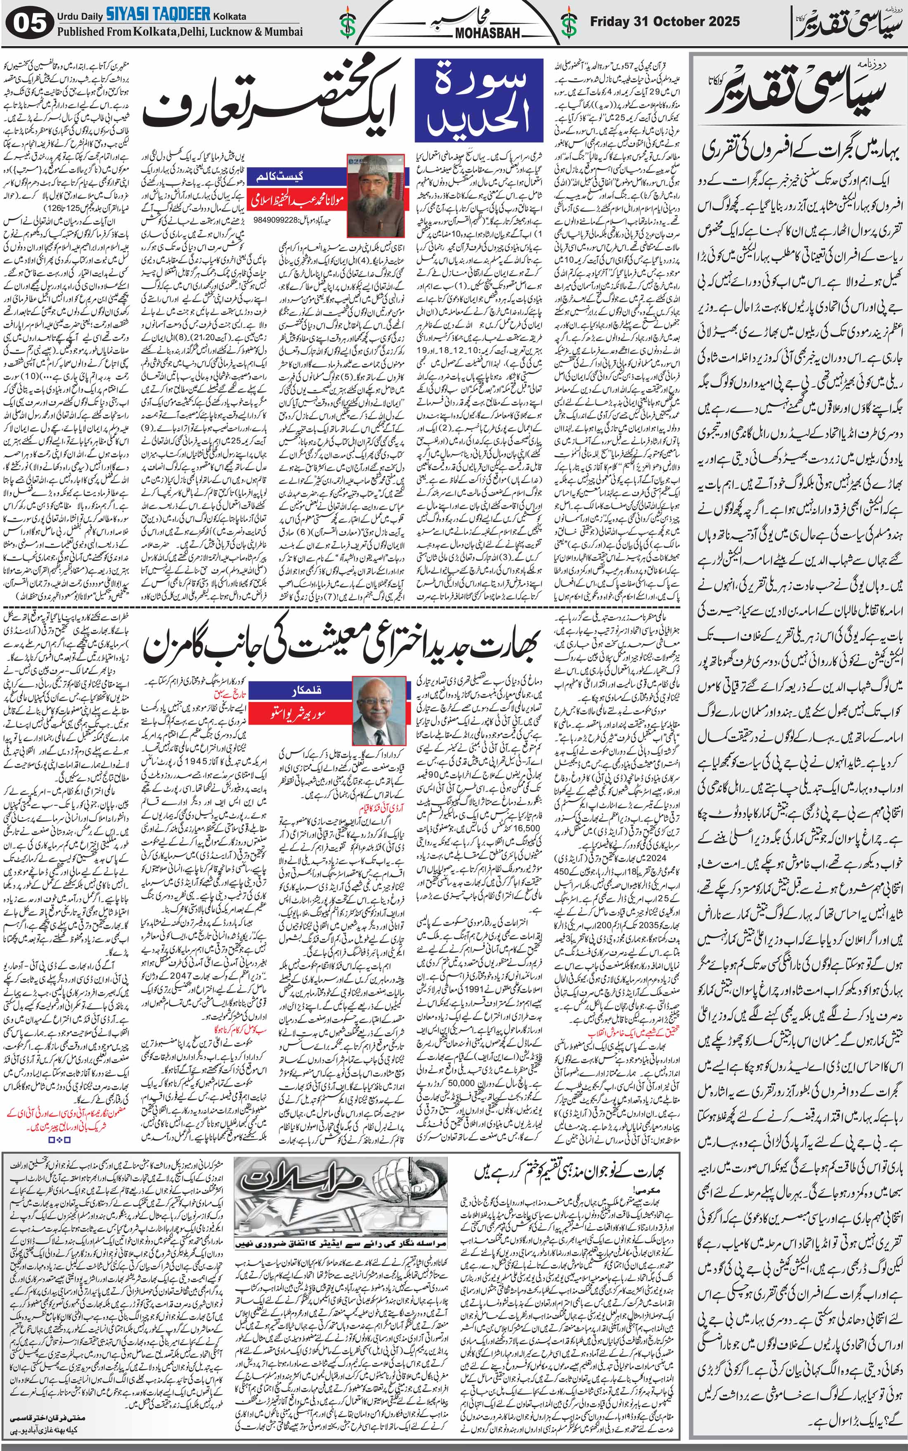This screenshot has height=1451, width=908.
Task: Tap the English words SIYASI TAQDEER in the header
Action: [x=158, y=14]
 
